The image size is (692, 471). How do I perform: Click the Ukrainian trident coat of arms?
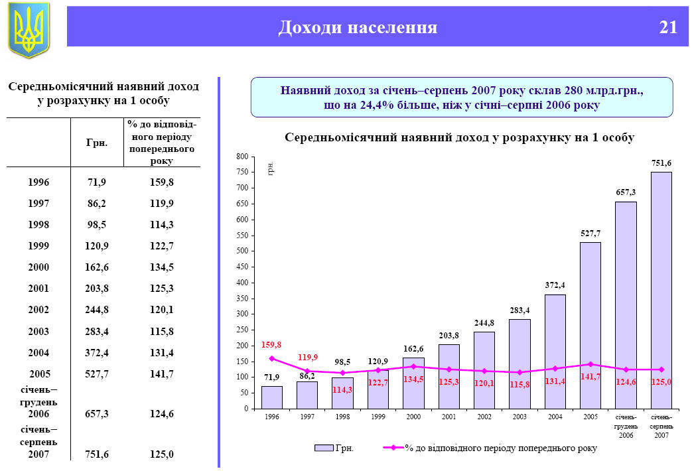click(29, 30)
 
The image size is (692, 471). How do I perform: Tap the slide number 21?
click(668, 27)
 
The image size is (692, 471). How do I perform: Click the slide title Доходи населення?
click(358, 27)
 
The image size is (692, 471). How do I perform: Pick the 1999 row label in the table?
click(39, 245)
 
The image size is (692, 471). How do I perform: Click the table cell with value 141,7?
click(162, 373)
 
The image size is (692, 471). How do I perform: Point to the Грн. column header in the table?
click(98, 142)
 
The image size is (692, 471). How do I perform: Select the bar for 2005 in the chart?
click(590, 325)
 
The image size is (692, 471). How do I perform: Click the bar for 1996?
click(272, 397)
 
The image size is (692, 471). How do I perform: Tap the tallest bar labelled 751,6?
click(661, 290)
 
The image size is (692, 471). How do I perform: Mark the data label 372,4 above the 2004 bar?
click(555, 285)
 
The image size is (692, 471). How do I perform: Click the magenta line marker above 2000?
click(413, 366)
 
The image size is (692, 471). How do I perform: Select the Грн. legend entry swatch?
click(324, 448)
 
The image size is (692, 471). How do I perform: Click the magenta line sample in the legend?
click(394, 448)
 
